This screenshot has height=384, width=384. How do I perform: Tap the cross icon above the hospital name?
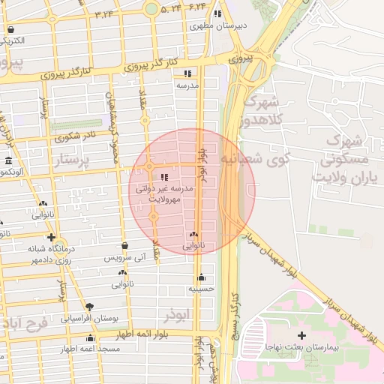click(x=302, y=335)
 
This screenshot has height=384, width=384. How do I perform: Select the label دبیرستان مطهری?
click(x=218, y=25)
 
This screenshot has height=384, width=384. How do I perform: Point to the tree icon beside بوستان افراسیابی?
click(x=90, y=307)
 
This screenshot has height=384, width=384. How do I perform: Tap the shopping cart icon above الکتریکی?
click(x=10, y=30)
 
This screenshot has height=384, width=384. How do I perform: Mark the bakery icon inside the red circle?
click(x=193, y=235)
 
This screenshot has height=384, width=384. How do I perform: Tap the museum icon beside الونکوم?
click(x=7, y=162)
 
